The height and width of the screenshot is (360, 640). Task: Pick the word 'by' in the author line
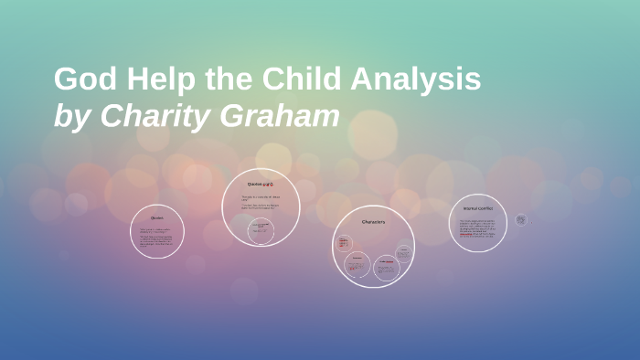coord(71,117)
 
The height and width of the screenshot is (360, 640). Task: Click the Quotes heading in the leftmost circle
coord(157,218)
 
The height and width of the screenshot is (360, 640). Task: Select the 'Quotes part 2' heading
coord(261,184)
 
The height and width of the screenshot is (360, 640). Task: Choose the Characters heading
coord(373,222)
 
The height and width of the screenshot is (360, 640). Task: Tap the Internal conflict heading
coord(478,208)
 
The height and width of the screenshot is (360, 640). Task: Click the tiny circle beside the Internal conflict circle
coord(520,219)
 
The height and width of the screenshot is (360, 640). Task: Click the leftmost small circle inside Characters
coord(345,244)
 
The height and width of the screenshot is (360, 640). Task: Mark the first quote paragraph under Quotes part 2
coord(261,197)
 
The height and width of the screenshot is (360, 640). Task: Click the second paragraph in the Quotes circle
coord(157,242)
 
